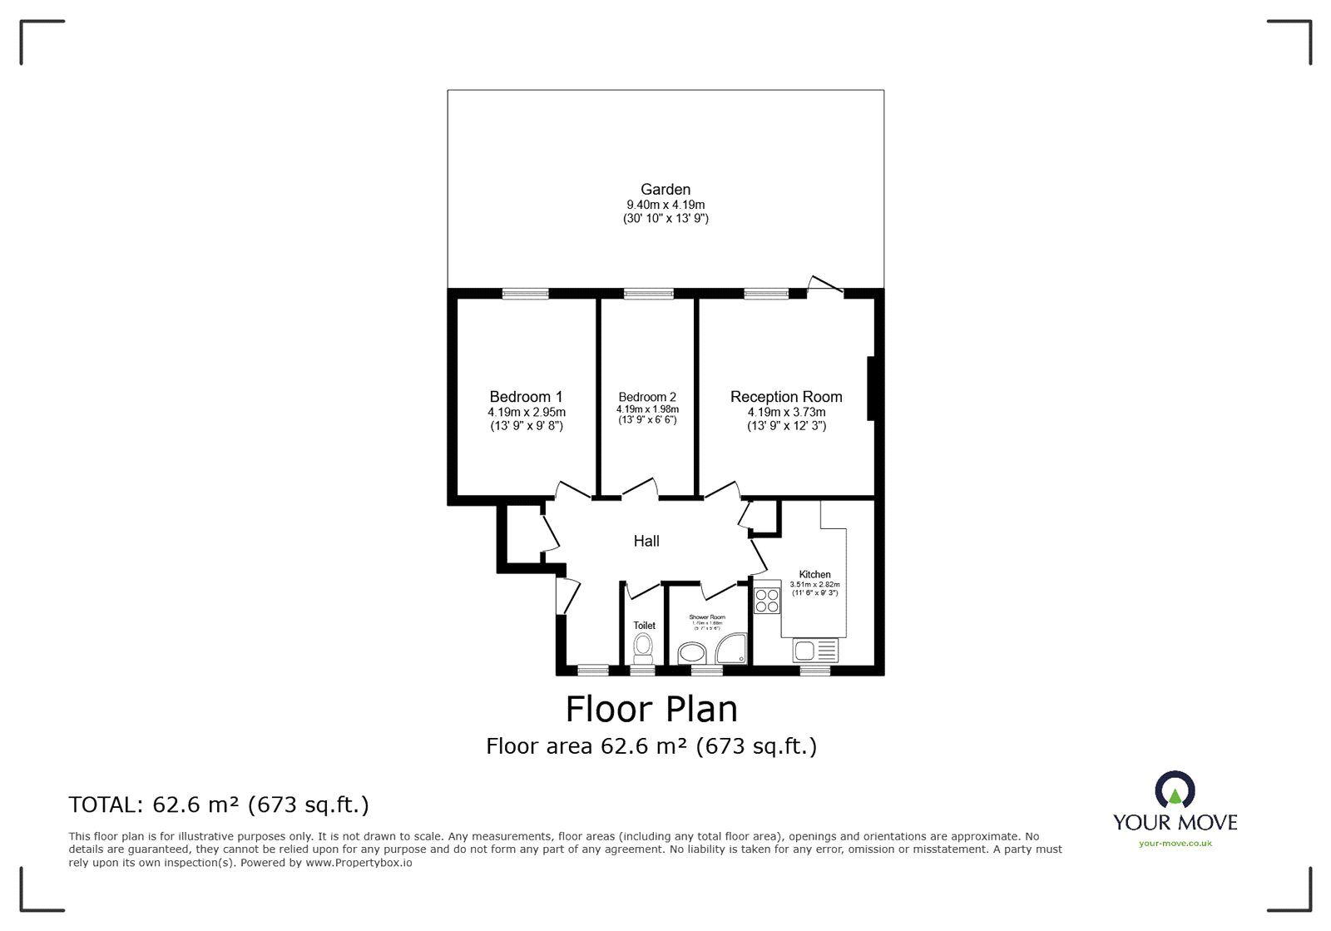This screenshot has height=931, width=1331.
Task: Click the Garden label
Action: [x=665, y=190]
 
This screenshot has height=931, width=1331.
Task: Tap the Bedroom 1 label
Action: [x=526, y=397]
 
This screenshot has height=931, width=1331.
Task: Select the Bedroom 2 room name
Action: [x=647, y=397]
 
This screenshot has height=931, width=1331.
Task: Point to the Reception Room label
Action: [x=786, y=397]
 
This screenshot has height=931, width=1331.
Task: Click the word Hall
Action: [x=646, y=542]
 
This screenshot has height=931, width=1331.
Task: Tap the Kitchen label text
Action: [x=814, y=574]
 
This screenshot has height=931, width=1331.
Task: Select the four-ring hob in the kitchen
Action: [x=766, y=600]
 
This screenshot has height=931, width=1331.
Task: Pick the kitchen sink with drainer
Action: [x=815, y=650]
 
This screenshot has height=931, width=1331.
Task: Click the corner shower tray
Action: [x=732, y=648]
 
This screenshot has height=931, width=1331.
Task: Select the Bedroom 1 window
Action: [x=525, y=293]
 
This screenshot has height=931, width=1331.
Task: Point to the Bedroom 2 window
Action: [x=648, y=293]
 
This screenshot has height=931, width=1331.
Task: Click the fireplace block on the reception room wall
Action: [x=871, y=389]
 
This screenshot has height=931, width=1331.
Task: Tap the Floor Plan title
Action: [x=651, y=710]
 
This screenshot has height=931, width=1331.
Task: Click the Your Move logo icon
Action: [x=1175, y=790]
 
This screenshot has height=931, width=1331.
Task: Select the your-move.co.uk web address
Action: [x=1175, y=843]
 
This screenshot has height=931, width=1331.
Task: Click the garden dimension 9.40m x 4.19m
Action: [x=665, y=205]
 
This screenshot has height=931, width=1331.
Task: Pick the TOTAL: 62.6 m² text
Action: [x=219, y=805]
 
